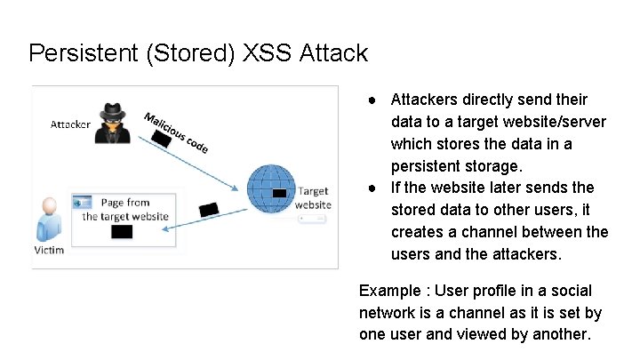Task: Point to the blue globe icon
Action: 270,188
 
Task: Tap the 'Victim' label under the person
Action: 49,250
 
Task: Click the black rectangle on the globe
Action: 280,193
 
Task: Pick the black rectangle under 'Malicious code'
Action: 160,140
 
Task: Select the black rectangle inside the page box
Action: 122,232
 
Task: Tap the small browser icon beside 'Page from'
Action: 86,203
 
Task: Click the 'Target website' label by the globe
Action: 313,197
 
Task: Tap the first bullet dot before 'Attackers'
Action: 377,100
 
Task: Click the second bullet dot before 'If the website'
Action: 377,188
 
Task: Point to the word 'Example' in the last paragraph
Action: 388,291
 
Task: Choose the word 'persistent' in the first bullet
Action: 428,165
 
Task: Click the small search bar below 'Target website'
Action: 314,216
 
